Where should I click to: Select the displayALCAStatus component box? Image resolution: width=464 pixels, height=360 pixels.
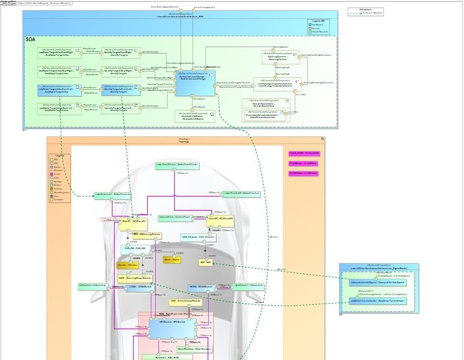tap(194, 115)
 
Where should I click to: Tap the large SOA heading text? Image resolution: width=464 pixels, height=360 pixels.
tap(31, 40)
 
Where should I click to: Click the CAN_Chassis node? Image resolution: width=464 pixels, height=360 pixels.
tap(197, 237)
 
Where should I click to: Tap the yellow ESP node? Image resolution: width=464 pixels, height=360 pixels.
tap(205, 263)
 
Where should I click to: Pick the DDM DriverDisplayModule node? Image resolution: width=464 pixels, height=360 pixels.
tap(185, 301)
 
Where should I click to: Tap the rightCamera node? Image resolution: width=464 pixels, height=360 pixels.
tap(248, 285)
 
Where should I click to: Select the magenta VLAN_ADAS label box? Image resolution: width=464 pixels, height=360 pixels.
tap(304, 153)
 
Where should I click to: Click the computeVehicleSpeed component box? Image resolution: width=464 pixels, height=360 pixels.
tap(376, 283)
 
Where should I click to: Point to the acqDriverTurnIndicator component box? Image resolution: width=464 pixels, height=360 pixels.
tap(376, 300)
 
